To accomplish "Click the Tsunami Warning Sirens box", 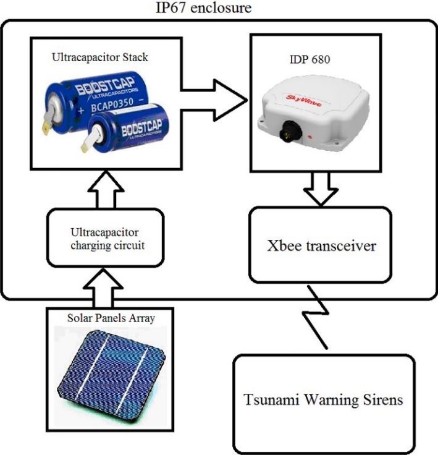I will pos(323,401).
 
